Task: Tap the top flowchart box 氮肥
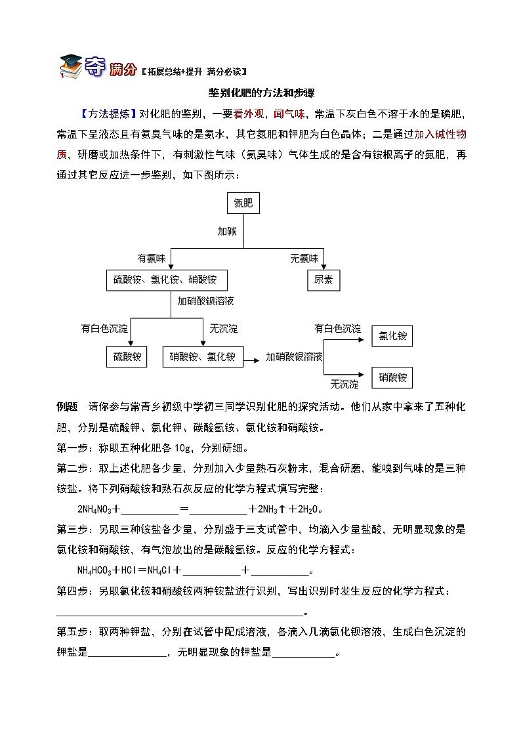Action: click(243, 203)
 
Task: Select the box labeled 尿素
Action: click(323, 280)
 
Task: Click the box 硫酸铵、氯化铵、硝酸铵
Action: click(165, 280)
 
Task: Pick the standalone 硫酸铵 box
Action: click(127, 357)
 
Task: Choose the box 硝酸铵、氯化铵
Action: click(202, 357)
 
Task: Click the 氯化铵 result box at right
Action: click(392, 337)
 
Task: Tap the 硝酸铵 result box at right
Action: click(392, 377)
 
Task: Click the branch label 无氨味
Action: click(304, 259)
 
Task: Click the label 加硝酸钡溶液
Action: click(206, 301)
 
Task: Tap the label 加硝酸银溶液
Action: click(293, 357)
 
